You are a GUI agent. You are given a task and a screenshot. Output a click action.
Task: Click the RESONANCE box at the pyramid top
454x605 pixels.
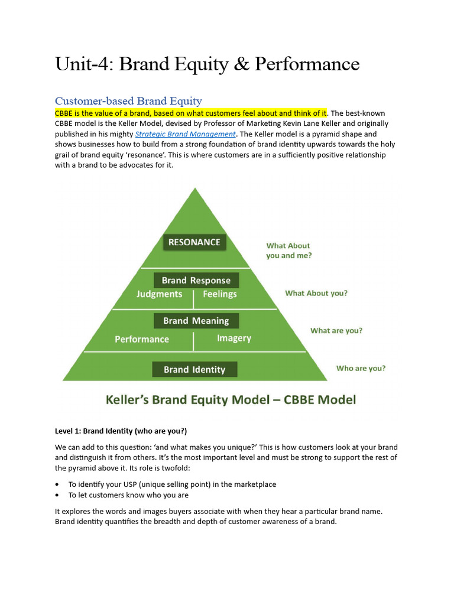(194, 242)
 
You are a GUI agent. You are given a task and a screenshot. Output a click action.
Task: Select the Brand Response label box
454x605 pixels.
(196, 281)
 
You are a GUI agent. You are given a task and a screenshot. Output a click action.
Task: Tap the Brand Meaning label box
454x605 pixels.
(196, 321)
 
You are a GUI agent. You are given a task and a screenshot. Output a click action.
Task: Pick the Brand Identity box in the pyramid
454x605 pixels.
(194, 370)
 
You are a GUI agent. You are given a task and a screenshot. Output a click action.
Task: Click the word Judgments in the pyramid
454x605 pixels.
(159, 294)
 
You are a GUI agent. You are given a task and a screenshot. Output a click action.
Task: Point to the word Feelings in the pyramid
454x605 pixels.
(220, 294)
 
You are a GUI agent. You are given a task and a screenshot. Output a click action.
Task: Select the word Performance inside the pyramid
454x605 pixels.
(142, 339)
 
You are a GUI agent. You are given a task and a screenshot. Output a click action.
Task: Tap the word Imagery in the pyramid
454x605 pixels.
(234, 339)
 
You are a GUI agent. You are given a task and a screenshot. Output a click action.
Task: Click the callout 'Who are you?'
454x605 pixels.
(361, 368)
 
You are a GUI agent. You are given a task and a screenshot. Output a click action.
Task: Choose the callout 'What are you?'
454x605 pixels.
(336, 331)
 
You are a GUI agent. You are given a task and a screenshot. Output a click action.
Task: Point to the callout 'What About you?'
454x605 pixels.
(316, 293)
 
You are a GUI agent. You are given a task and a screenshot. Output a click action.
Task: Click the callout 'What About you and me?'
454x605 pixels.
(289, 251)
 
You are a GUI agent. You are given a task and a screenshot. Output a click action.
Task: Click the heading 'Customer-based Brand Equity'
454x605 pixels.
(128, 101)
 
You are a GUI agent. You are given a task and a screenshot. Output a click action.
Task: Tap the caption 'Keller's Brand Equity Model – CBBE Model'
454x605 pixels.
(231, 400)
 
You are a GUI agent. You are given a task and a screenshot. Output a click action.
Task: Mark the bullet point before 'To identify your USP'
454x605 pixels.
(57, 484)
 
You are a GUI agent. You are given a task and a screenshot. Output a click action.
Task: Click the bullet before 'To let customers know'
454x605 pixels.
(57, 495)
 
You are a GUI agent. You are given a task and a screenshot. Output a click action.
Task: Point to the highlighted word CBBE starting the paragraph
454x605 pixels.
(64, 113)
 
